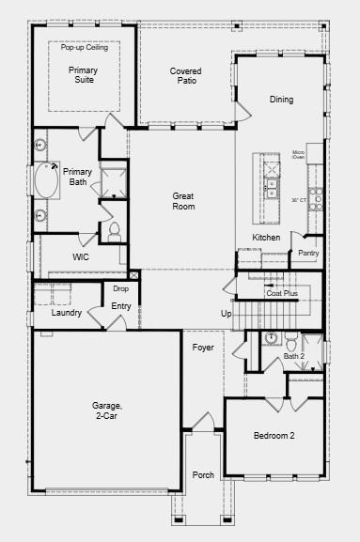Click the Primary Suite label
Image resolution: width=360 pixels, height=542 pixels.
click(x=84, y=74)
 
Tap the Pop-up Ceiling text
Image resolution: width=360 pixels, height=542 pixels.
click(x=85, y=47)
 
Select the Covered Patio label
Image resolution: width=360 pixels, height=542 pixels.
click(x=186, y=76)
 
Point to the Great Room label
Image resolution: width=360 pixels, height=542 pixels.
click(x=183, y=201)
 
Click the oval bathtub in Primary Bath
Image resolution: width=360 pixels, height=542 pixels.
click(x=46, y=180)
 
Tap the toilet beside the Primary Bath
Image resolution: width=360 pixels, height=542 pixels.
click(x=114, y=232)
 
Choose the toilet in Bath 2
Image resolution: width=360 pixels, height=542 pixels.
click(x=291, y=340)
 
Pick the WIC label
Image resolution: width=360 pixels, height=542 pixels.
click(x=81, y=256)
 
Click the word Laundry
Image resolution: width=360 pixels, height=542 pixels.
click(x=67, y=313)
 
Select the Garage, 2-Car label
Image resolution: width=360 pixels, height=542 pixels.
click(x=107, y=410)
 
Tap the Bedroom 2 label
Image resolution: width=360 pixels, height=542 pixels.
click(x=274, y=436)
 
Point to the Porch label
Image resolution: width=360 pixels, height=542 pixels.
click(x=203, y=475)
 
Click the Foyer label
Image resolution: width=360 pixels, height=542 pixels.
click(x=203, y=347)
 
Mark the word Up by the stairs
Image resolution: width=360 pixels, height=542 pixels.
click(x=227, y=314)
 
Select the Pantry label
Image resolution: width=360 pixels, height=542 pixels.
click(x=308, y=253)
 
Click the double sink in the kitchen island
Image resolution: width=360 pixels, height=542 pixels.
click(x=272, y=188)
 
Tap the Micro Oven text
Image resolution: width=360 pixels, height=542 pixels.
click(x=299, y=154)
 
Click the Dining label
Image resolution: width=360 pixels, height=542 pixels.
click(x=281, y=100)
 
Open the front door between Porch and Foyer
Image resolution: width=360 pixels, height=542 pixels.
click(x=203, y=423)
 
